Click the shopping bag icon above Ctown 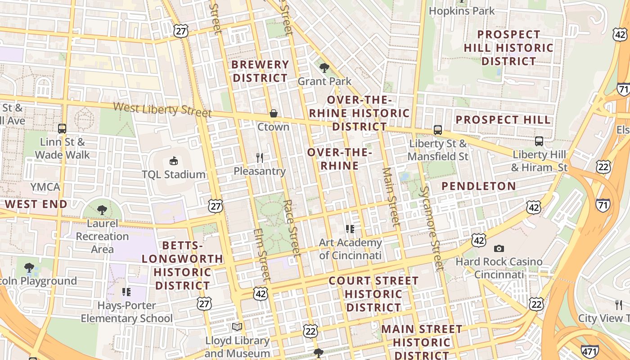(x=273, y=113)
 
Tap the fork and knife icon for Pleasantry (x=260, y=157)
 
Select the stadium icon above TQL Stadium (x=173, y=161)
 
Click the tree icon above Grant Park (x=324, y=68)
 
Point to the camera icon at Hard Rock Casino (x=499, y=248)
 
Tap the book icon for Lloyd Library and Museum (x=237, y=327)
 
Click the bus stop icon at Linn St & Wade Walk (x=62, y=129)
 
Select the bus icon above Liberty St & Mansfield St (x=437, y=130)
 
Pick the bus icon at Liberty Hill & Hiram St (x=539, y=141)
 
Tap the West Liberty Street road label (x=162, y=109)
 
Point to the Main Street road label (x=391, y=197)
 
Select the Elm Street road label (x=262, y=254)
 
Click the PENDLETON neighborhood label (x=478, y=186)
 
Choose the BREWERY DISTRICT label (x=260, y=71)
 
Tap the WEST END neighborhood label (x=36, y=204)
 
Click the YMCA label (x=45, y=186)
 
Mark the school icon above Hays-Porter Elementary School (x=126, y=292)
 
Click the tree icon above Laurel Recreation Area (x=102, y=210)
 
